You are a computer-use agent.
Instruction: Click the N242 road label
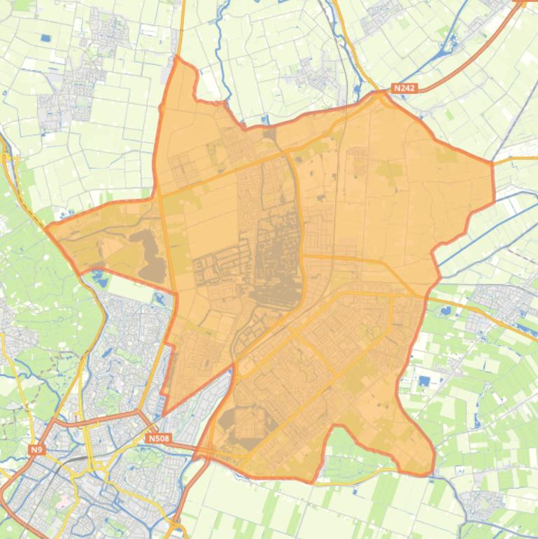(404, 88)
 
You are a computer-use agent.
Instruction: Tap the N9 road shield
(37, 449)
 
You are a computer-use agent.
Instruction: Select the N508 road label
(159, 438)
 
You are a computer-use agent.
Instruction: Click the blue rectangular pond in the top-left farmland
(46, 38)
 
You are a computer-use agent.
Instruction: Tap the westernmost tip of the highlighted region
(46, 227)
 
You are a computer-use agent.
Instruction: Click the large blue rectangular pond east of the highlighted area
(425, 381)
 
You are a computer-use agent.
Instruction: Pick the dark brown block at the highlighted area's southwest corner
(231, 420)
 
